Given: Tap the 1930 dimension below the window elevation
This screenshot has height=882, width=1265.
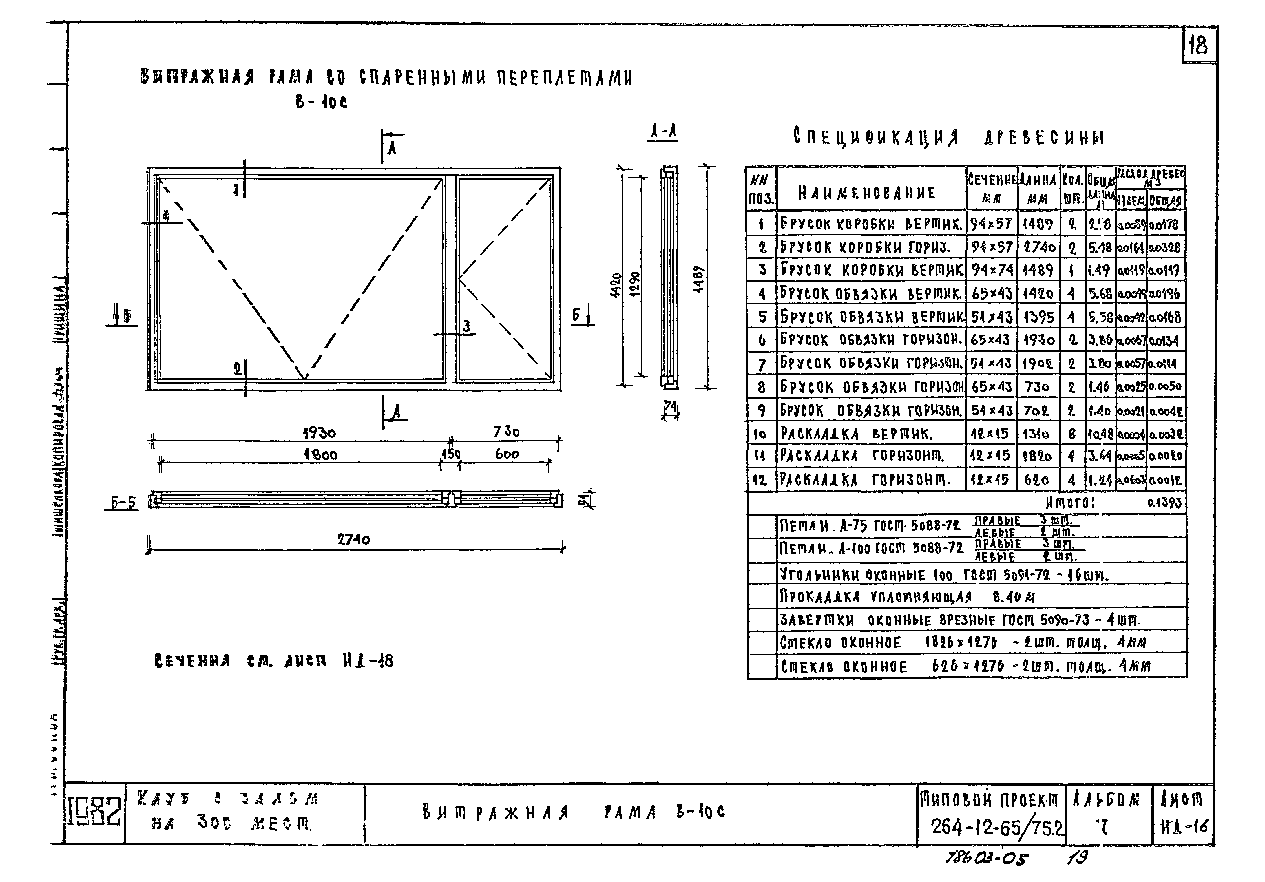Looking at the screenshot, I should point(319,433).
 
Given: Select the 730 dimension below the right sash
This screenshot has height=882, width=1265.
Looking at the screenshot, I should point(506,432).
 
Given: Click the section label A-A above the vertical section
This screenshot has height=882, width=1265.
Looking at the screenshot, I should point(663,132).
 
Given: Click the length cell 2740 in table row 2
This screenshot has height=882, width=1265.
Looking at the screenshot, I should point(1039,247).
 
